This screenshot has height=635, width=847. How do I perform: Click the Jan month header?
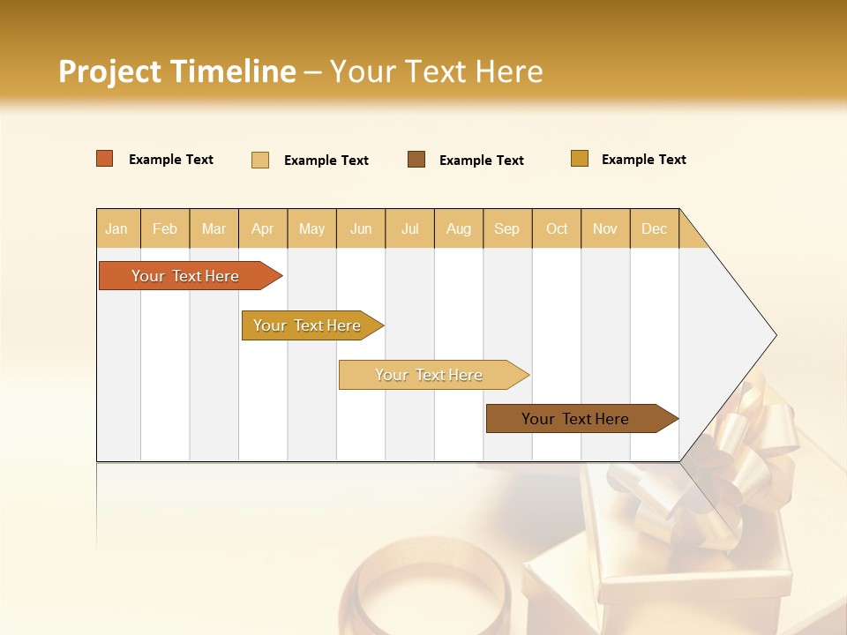point(116,228)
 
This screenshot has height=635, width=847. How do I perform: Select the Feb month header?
point(165,228)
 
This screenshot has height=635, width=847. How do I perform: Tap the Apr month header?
point(263,228)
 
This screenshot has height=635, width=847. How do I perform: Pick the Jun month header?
point(361,228)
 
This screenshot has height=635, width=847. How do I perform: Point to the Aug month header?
point(459,228)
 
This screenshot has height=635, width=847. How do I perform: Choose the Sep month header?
point(507,228)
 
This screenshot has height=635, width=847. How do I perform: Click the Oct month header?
point(557,228)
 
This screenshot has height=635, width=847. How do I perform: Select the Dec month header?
point(655,228)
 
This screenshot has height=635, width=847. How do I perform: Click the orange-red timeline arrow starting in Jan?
point(185,276)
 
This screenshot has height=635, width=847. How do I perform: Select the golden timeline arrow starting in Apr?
point(307,325)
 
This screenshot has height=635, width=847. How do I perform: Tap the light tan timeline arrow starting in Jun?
point(429,375)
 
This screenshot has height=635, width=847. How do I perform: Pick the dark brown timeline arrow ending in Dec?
point(575,419)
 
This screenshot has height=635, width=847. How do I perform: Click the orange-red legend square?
point(105,159)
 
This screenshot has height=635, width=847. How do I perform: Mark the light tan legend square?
point(260,160)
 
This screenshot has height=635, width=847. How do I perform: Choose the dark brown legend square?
point(416,160)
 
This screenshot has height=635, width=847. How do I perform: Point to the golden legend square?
point(580,159)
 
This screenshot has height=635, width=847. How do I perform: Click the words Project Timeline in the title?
point(177,71)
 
